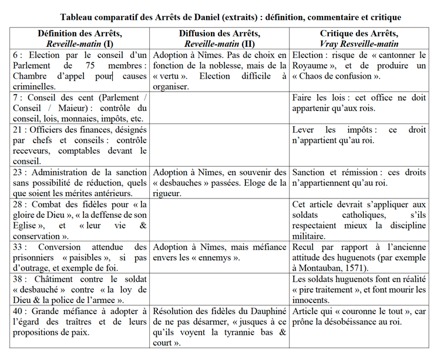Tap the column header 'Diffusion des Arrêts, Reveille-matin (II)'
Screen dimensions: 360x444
[x=219, y=38]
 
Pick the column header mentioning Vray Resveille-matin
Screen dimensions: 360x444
[x=359, y=38]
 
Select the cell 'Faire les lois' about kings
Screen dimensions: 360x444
[x=359, y=103]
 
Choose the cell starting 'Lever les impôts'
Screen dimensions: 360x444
[x=359, y=135]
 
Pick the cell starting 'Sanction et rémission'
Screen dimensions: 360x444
[x=359, y=178]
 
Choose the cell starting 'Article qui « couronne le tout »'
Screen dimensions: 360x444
[x=359, y=317]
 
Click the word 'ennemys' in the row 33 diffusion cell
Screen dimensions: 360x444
[x=212, y=258]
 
